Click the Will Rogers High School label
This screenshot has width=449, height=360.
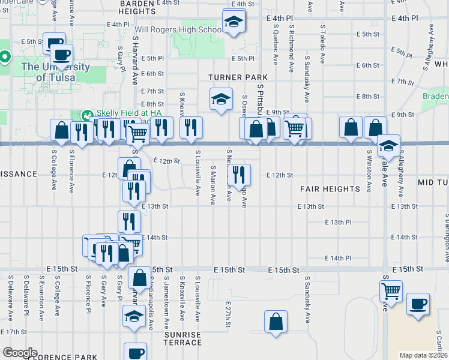[178, 29]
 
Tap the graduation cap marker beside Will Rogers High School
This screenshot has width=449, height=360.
[231, 23]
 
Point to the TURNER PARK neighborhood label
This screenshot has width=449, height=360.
[238, 77]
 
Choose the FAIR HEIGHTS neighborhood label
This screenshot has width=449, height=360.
[330, 189]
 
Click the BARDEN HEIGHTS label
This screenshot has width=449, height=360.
[137, 7]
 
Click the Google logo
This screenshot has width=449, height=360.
[19, 353]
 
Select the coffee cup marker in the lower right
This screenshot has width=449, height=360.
[417, 304]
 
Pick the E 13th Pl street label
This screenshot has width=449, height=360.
[337, 222]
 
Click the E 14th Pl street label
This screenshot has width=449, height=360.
[337, 258]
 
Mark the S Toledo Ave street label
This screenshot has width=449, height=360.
[322, 44]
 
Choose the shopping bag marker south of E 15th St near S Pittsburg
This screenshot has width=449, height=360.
[276, 322]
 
